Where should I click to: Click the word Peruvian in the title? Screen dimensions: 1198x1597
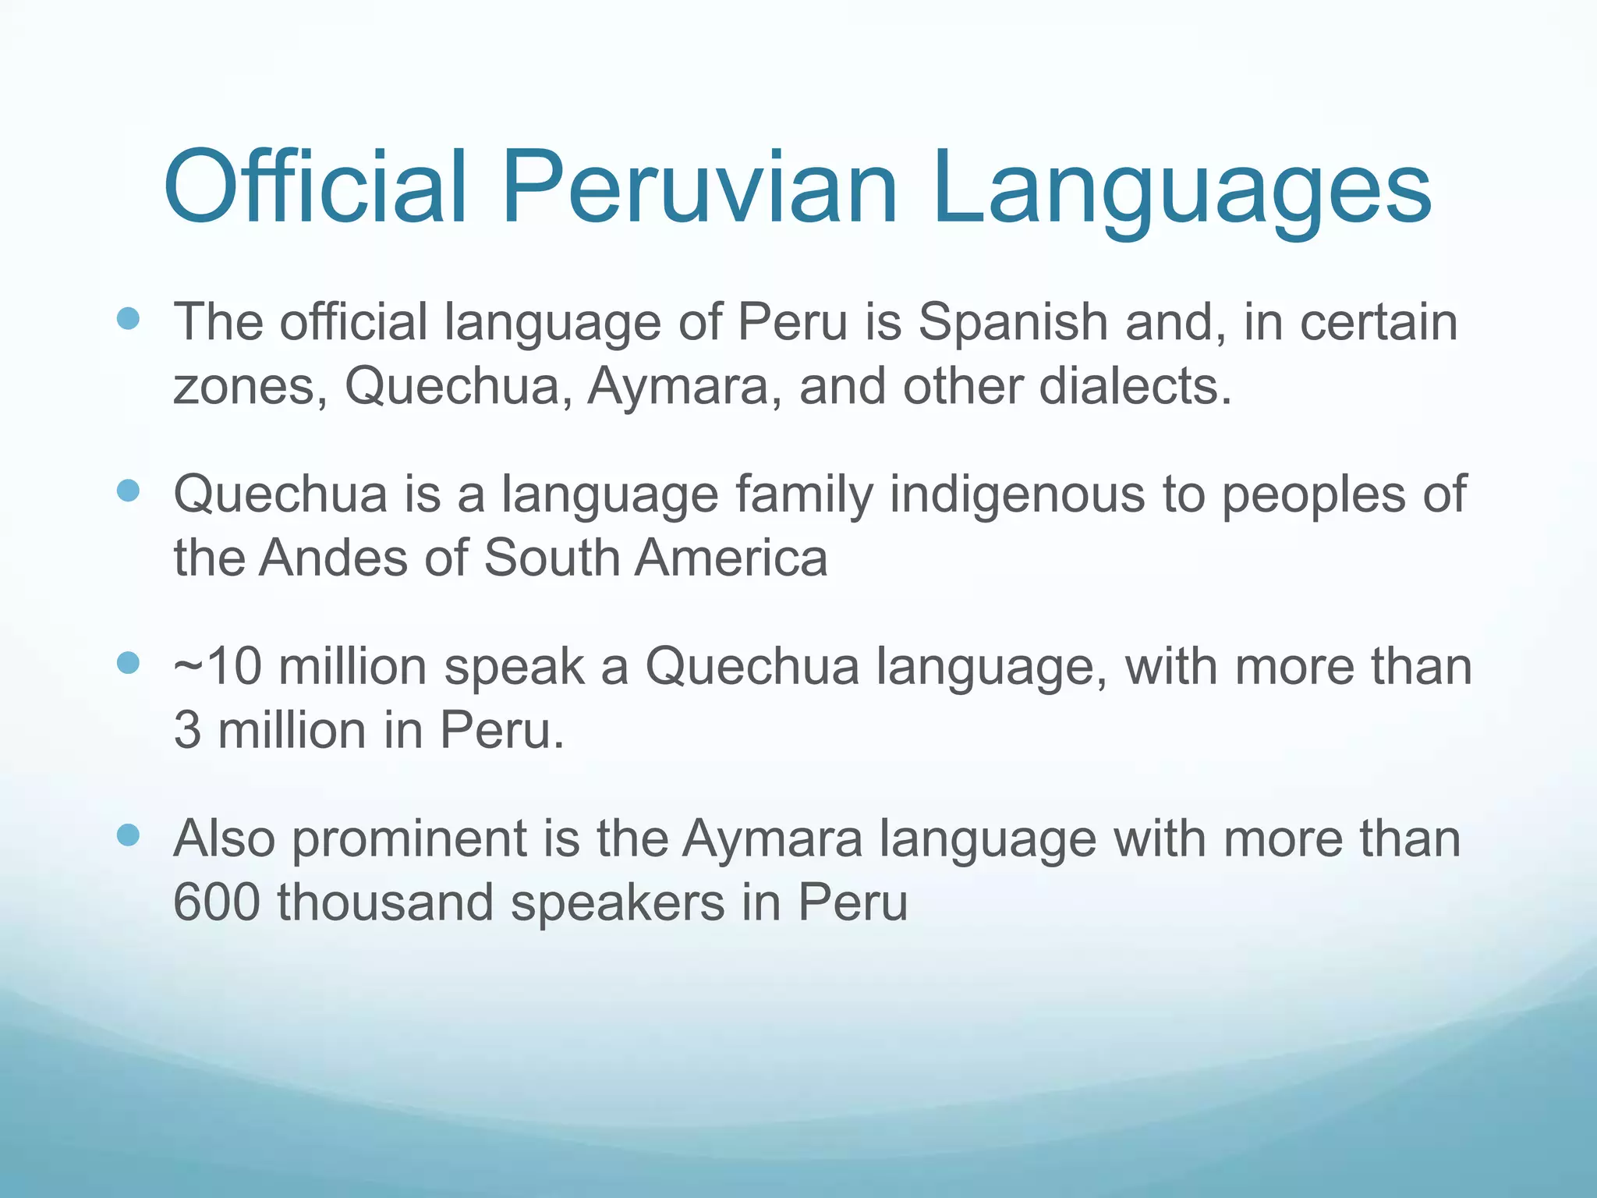point(699,189)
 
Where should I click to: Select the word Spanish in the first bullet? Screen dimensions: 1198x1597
point(1012,322)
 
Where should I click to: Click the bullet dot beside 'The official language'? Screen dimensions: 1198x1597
point(128,318)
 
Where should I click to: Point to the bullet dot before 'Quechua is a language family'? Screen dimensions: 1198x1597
point(128,491)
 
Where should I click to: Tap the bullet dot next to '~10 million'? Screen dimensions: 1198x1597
point(128,663)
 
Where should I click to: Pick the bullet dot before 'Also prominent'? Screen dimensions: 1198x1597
point(128,835)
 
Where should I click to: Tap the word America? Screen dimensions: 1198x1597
point(731,558)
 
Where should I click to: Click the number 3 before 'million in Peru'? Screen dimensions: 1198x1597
point(187,731)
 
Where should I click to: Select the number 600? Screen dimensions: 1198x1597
point(216,902)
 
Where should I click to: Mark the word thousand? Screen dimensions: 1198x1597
point(385,902)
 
